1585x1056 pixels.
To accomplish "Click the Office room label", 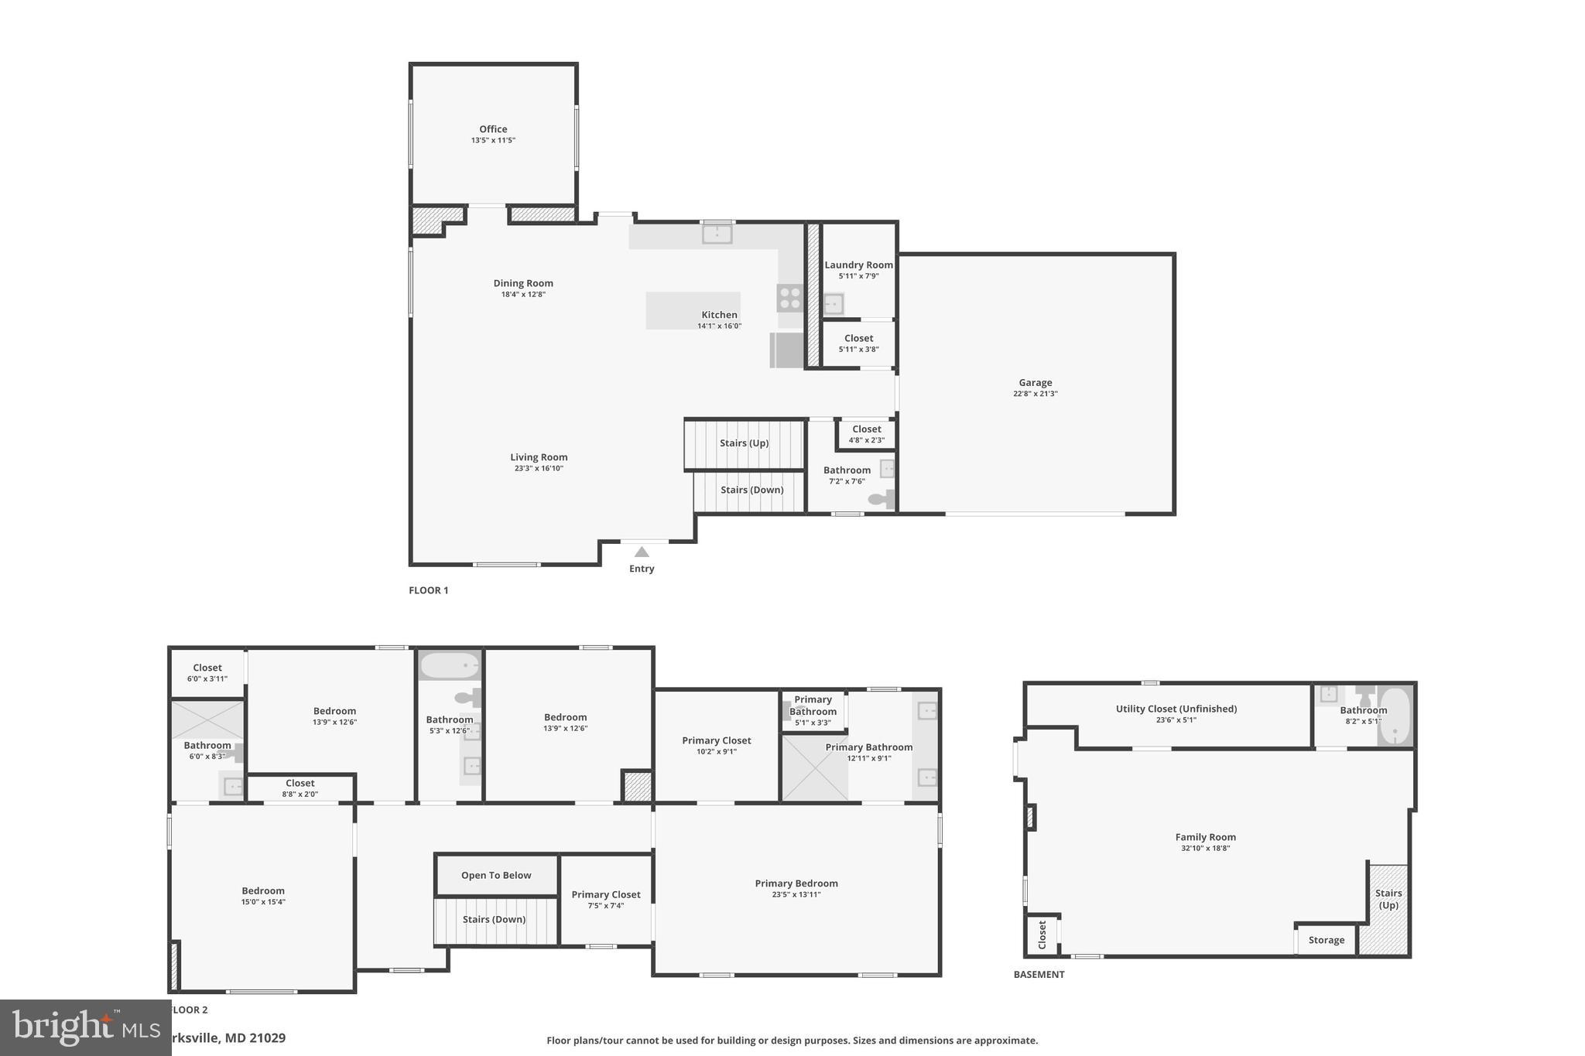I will (x=493, y=129).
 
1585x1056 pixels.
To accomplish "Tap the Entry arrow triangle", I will (x=642, y=552).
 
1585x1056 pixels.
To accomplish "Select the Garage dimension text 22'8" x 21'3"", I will (x=1036, y=394).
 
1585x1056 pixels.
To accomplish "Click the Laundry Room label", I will (x=858, y=265).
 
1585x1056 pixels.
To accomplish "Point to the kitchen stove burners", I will (x=790, y=298).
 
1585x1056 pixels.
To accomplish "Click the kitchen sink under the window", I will (x=717, y=232).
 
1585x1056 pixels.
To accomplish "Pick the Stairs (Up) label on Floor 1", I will (x=744, y=443).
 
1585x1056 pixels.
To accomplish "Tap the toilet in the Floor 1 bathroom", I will (x=880, y=499).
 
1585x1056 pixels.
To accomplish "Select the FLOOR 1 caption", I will (x=429, y=590).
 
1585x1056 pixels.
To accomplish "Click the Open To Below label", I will (x=496, y=875).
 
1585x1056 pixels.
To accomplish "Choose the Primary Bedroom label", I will (x=796, y=883).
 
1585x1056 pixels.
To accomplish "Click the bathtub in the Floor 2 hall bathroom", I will (x=450, y=665).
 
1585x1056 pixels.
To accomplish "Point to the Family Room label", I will (x=1205, y=837).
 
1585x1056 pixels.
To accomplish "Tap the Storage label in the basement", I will (x=1327, y=940).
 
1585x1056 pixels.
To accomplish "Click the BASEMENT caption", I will (x=1039, y=975).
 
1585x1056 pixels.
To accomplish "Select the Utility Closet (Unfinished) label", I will (x=1176, y=709).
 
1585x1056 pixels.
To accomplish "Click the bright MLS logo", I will (x=85, y=1027).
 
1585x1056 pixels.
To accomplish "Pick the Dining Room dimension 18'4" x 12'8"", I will (x=523, y=294).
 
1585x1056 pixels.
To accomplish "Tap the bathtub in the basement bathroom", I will (x=1395, y=716).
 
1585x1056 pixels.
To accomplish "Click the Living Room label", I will (x=539, y=457).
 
